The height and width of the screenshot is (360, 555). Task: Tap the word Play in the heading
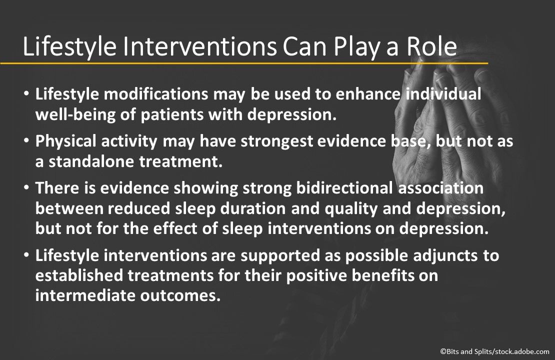(344, 47)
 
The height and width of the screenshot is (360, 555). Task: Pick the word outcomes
(180, 295)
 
